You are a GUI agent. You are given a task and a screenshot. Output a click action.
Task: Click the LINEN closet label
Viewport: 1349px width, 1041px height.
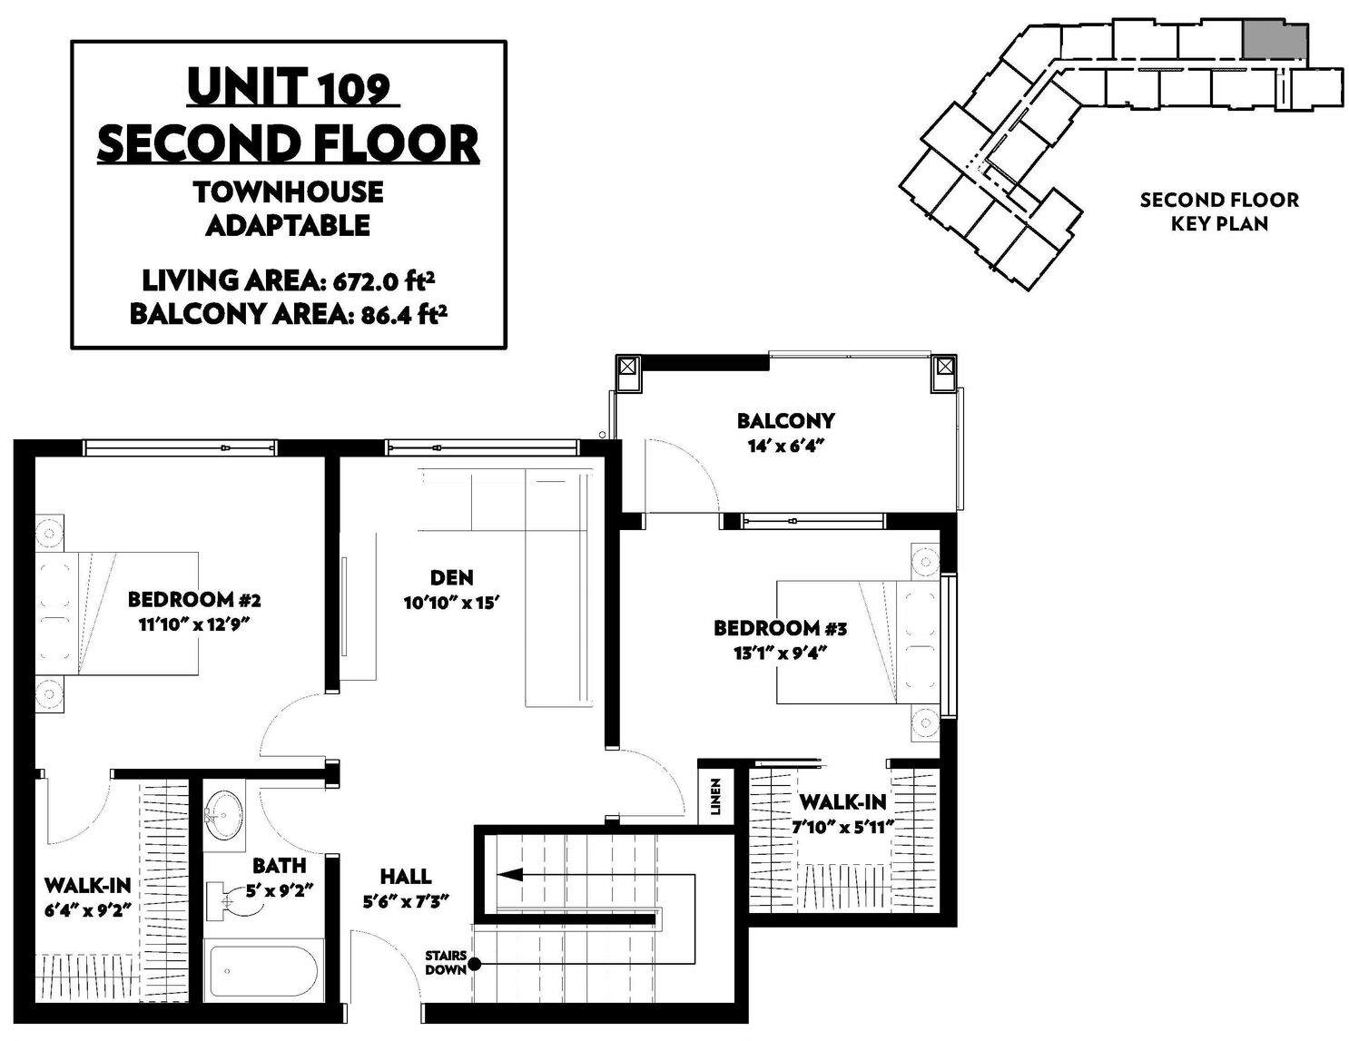pyautogui.click(x=715, y=798)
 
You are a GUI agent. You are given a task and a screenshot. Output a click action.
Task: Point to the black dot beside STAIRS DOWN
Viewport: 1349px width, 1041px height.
pyautogui.click(x=474, y=964)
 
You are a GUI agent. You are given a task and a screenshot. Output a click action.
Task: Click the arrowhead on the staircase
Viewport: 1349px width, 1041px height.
pyautogui.click(x=509, y=875)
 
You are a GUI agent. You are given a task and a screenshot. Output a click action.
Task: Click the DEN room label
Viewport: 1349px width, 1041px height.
pyautogui.click(x=451, y=578)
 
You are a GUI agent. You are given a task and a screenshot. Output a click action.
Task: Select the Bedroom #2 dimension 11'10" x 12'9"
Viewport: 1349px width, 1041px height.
pyautogui.click(x=193, y=624)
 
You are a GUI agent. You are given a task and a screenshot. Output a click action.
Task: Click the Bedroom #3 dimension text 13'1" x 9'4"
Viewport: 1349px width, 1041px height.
pyautogui.click(x=781, y=653)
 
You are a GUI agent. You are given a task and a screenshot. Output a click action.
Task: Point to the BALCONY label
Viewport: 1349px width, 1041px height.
pyautogui.click(x=785, y=421)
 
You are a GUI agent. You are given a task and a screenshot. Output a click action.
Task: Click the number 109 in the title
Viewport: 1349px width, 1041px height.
pyautogui.click(x=356, y=90)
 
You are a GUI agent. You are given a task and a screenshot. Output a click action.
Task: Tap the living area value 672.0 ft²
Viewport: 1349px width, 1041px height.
pyautogui.click(x=384, y=282)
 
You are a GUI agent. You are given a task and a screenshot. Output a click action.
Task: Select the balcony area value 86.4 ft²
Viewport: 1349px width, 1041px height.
pyautogui.click(x=400, y=315)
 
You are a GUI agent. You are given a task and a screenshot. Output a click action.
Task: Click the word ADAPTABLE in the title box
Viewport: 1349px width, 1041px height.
pyautogui.click(x=288, y=225)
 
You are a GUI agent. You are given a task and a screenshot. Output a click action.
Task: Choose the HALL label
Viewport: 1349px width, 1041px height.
pyautogui.click(x=406, y=877)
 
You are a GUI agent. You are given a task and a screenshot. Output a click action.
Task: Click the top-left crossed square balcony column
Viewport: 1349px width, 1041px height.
pyautogui.click(x=628, y=366)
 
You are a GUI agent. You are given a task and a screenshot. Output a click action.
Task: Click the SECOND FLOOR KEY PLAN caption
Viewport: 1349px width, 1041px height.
pyautogui.click(x=1219, y=211)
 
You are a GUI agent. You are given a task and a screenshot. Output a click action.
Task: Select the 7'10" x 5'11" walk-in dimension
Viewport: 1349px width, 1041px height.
pyautogui.click(x=843, y=828)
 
